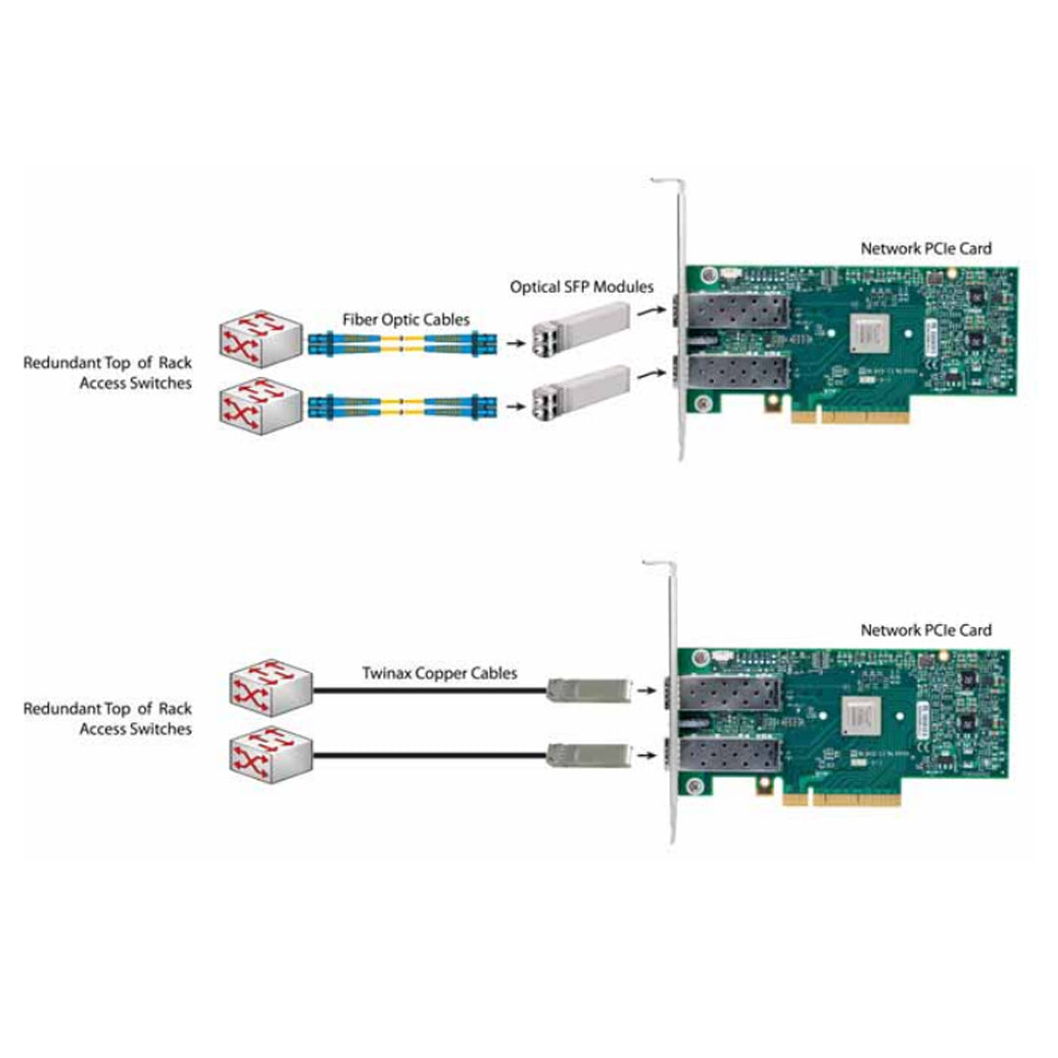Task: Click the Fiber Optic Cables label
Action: pyautogui.click(x=405, y=319)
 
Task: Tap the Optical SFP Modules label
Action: pyautogui.click(x=582, y=287)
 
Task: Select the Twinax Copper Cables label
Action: pyautogui.click(x=440, y=673)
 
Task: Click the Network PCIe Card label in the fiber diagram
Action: pyautogui.click(x=926, y=249)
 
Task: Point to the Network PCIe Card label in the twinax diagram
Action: pyautogui.click(x=926, y=630)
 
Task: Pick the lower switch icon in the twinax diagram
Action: pyautogui.click(x=271, y=753)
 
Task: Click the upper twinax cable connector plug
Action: pyautogui.click(x=587, y=690)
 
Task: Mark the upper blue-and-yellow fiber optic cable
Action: pyautogui.click(x=403, y=343)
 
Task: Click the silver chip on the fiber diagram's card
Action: pyautogui.click(x=874, y=333)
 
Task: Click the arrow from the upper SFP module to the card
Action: pyautogui.click(x=647, y=313)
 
